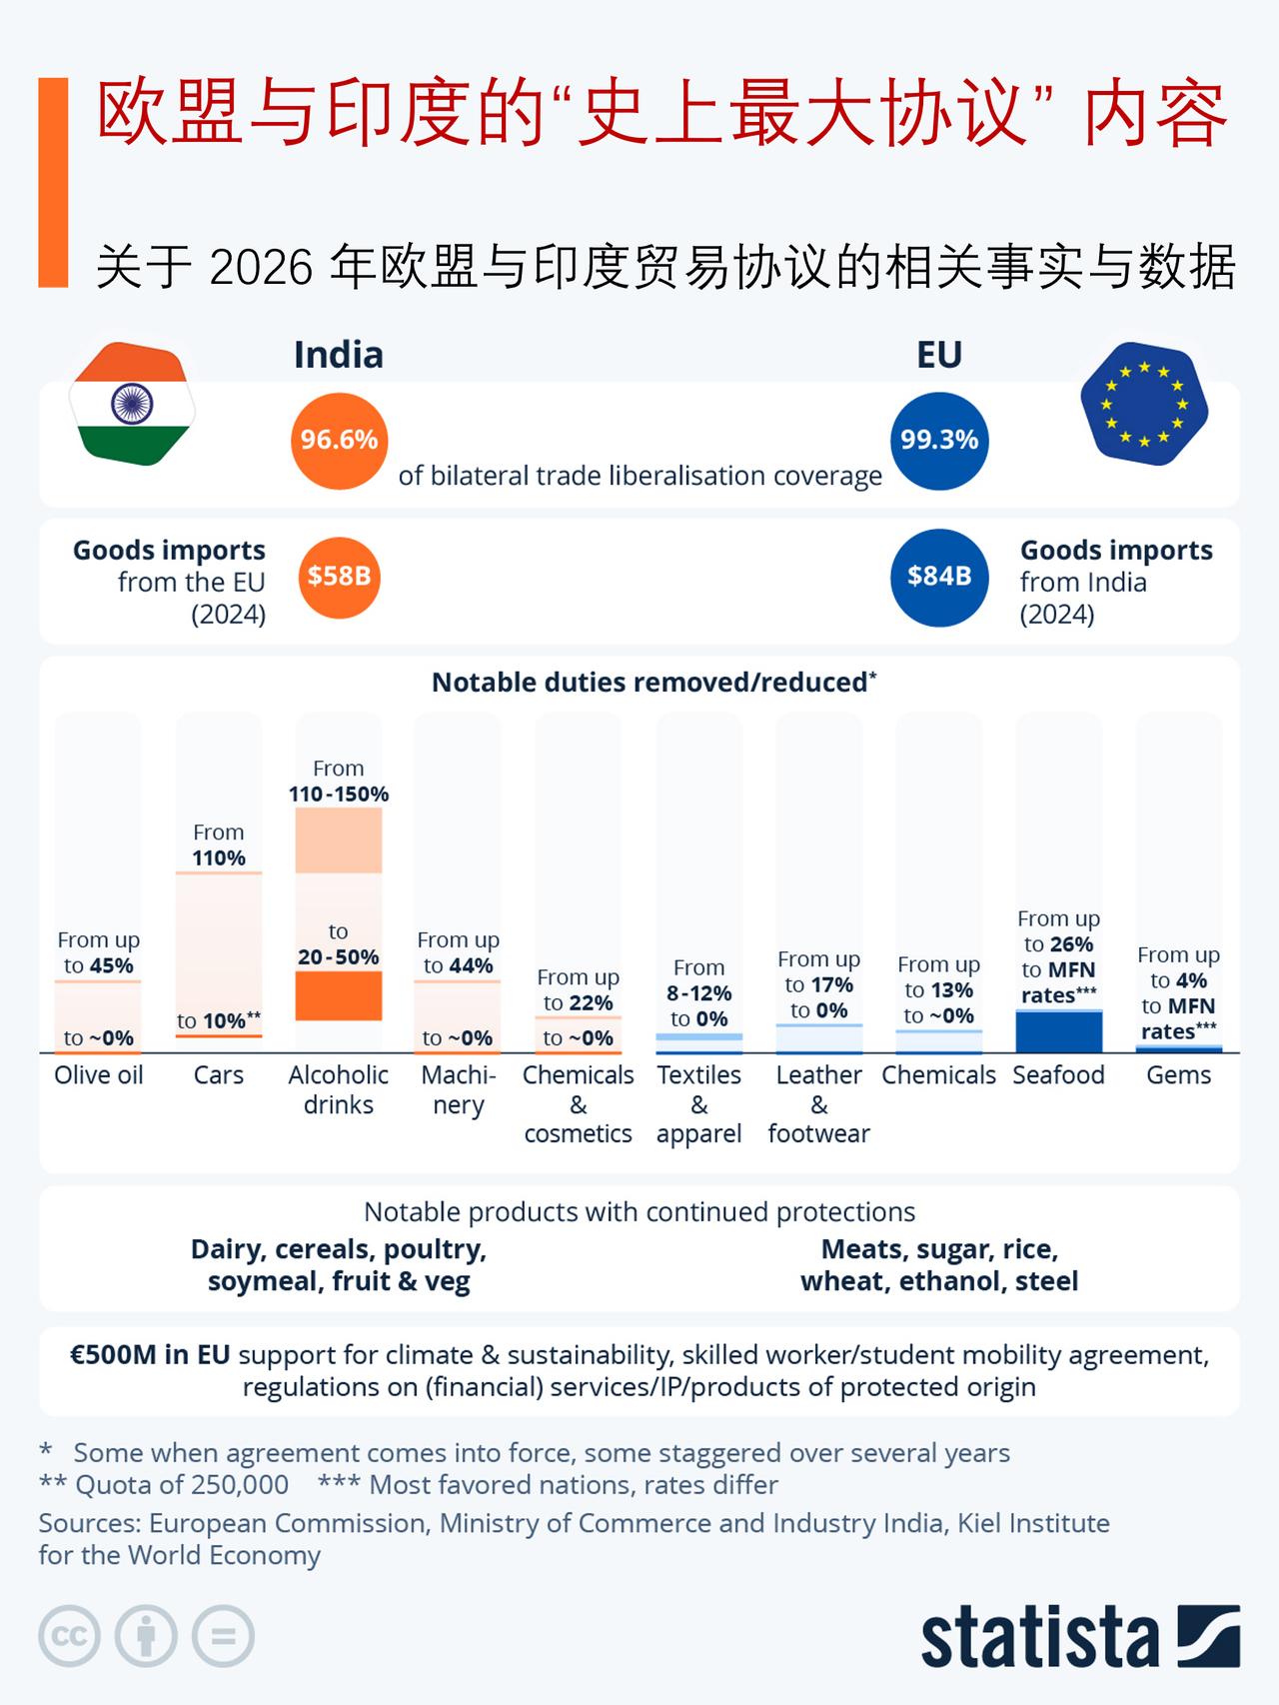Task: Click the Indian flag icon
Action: coord(132,405)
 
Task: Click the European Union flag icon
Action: coord(1144,405)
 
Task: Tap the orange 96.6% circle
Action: coord(339,441)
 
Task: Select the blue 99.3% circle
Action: coord(938,441)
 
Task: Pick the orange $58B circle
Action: coord(339,577)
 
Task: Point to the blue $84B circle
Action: coord(938,577)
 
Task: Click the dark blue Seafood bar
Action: coord(1058,1031)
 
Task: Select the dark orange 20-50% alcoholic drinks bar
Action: coord(339,995)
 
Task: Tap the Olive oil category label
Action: coord(98,1075)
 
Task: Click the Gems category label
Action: coord(1179,1075)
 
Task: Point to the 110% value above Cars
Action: coord(219,858)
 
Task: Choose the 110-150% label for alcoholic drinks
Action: coord(339,795)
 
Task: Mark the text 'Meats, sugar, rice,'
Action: coord(939,1249)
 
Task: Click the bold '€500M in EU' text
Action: coord(150,1355)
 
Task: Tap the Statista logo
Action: coord(1079,1637)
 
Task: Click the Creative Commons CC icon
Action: coord(69,1636)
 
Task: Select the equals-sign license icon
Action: coord(223,1636)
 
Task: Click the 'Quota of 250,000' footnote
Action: coord(182,1485)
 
